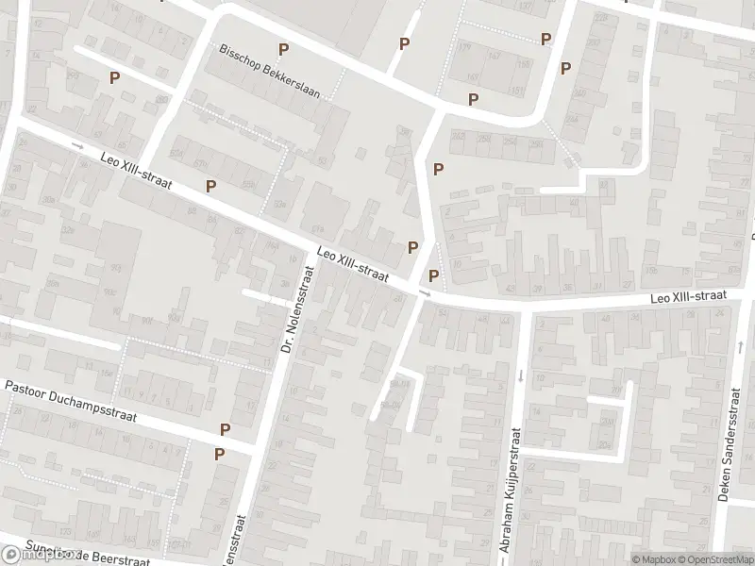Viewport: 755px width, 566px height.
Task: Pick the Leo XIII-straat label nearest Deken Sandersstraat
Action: point(688,296)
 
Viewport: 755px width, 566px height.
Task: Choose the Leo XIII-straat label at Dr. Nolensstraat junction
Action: point(354,263)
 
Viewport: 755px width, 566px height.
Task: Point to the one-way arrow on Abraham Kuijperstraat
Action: point(520,375)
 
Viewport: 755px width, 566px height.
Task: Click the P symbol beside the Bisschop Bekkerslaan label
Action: point(282,49)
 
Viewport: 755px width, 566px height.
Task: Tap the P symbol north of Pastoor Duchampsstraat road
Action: point(225,429)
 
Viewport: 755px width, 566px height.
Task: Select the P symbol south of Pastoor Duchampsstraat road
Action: point(219,454)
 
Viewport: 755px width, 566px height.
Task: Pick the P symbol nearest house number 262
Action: point(438,169)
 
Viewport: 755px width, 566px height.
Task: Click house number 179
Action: point(463,46)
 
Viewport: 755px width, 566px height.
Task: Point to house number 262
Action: point(460,137)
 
